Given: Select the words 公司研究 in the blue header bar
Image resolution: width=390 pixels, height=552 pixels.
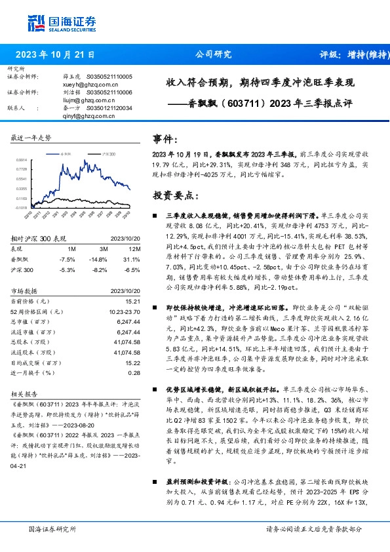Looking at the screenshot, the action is (x=214, y=55).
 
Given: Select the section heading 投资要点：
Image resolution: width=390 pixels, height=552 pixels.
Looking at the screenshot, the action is (x=175, y=195).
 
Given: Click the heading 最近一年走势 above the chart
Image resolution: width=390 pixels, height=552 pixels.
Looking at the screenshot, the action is (x=31, y=138).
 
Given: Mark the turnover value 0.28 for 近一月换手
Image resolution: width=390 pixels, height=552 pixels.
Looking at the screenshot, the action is (x=134, y=372).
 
